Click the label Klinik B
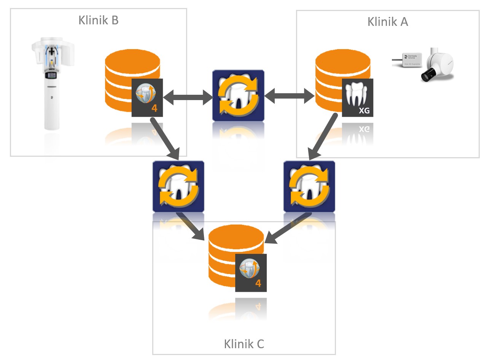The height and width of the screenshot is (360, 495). (99, 20)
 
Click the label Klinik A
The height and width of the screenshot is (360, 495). (388, 22)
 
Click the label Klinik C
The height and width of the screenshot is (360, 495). (244, 344)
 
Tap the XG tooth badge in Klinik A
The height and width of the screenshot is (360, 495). (357, 98)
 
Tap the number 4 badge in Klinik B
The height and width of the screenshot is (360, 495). (147, 98)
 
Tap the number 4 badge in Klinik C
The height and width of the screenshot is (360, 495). (251, 273)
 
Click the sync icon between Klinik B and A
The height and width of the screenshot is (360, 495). (238, 96)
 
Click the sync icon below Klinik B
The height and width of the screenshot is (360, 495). (178, 186)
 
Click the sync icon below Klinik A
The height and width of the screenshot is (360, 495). (309, 186)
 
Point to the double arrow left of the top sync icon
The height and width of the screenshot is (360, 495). (188, 97)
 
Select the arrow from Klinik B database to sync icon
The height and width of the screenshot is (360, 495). (165, 139)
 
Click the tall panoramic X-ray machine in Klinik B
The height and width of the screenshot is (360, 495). (52, 84)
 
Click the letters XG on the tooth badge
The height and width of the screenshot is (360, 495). (364, 110)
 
